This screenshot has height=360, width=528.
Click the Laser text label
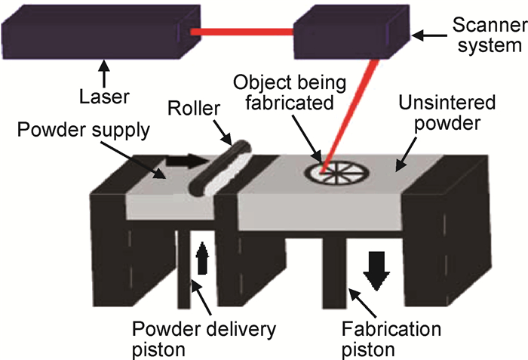tap(104, 97)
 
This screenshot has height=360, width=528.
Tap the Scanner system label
tap(490, 35)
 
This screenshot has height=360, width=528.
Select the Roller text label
tap(194, 109)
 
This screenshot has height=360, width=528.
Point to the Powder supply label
tap(84, 130)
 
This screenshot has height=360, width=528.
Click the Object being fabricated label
tap(290, 92)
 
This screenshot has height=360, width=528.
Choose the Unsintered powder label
tap(447, 112)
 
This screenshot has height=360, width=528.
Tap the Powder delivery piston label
tap(204, 339)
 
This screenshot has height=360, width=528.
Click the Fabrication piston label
tap(391, 339)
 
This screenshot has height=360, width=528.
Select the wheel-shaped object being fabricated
tap(336, 173)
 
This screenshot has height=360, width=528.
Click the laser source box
tap(101, 32)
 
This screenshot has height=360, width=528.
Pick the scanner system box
tap(351, 32)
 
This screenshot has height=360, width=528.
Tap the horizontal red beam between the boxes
tap(242, 32)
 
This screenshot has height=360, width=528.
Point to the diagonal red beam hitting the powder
tap(349, 116)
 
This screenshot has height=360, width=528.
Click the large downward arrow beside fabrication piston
tap(376, 271)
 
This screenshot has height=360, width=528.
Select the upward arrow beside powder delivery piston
tap(202, 258)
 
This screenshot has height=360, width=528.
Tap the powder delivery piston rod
tap(184, 269)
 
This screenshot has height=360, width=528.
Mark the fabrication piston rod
tap(334, 273)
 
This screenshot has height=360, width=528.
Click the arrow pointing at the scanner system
tap(429, 35)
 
